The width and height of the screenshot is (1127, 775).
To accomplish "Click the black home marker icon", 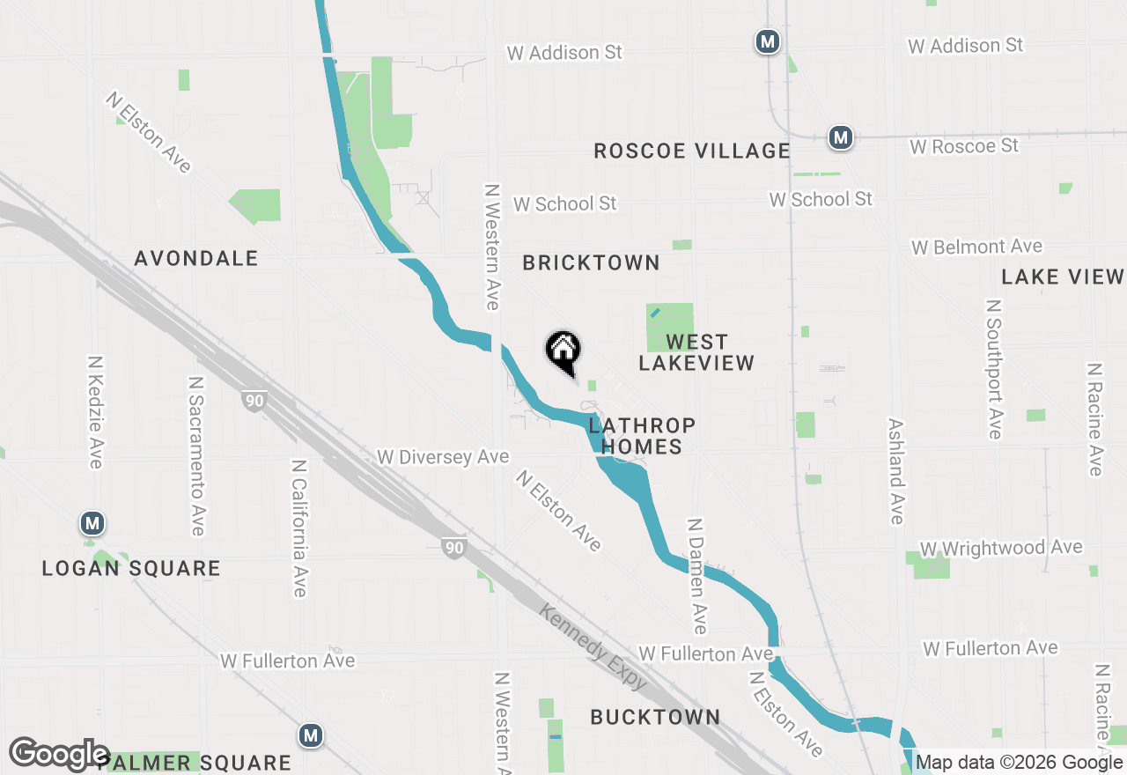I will point(563,351).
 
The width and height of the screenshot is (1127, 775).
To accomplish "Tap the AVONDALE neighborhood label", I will point(196,258).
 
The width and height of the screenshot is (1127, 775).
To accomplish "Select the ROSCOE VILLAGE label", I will point(692,151).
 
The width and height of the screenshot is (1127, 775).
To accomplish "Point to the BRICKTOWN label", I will point(591,262).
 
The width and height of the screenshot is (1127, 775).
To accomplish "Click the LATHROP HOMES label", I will point(642,436).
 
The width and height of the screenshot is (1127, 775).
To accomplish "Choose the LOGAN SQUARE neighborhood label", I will point(131,568).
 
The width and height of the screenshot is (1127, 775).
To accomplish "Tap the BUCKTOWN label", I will point(655,717).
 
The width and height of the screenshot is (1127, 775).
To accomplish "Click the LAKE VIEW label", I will point(1063,277).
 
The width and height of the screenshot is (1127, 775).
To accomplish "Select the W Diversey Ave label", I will point(443,457).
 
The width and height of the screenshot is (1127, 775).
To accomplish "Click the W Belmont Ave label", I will point(976,247).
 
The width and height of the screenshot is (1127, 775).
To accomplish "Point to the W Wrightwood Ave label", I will point(1000,548).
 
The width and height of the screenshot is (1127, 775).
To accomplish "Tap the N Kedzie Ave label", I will point(96,412).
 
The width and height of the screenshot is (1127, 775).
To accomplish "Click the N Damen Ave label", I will point(696,576).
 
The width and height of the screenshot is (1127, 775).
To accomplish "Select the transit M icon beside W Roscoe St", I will point(841,137).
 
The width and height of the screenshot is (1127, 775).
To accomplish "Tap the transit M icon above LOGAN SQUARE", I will point(92,524).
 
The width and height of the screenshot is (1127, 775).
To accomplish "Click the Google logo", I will point(59,755).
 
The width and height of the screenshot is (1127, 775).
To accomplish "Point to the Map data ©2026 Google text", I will point(1020,763).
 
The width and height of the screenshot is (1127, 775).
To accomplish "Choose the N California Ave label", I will point(298,528).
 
